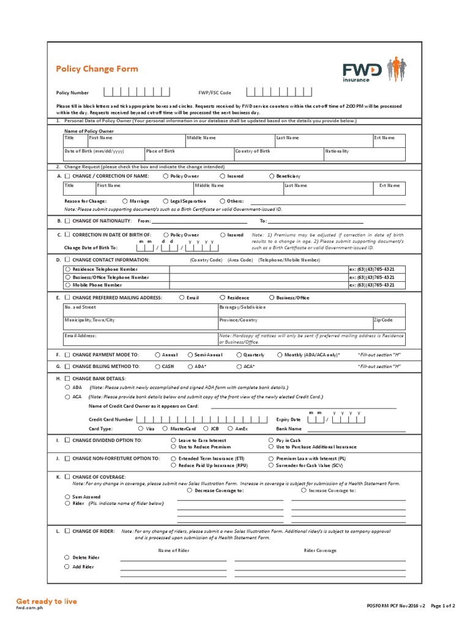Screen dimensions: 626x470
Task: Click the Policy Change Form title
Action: tap(97, 69)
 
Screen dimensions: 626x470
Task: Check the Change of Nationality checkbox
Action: tap(67, 221)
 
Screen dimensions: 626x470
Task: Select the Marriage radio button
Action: tap(125, 201)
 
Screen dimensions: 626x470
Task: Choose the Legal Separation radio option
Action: tap(165, 201)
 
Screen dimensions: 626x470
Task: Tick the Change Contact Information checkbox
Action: tap(67, 260)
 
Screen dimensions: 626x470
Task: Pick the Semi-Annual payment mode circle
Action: tap(190, 355)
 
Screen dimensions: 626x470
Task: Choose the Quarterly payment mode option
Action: tap(239, 355)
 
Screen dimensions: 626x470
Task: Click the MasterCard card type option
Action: tap(165, 429)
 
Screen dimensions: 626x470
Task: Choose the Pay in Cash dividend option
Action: tap(271, 440)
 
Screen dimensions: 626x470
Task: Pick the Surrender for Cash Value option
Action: tap(271, 465)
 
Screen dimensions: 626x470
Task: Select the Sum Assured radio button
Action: tap(67, 497)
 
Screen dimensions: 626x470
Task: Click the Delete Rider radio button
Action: tap(67, 558)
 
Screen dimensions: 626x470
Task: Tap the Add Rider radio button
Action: tap(67, 567)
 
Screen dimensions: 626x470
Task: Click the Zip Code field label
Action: tap(383, 320)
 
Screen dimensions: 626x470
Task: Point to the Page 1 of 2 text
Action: tap(443, 606)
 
